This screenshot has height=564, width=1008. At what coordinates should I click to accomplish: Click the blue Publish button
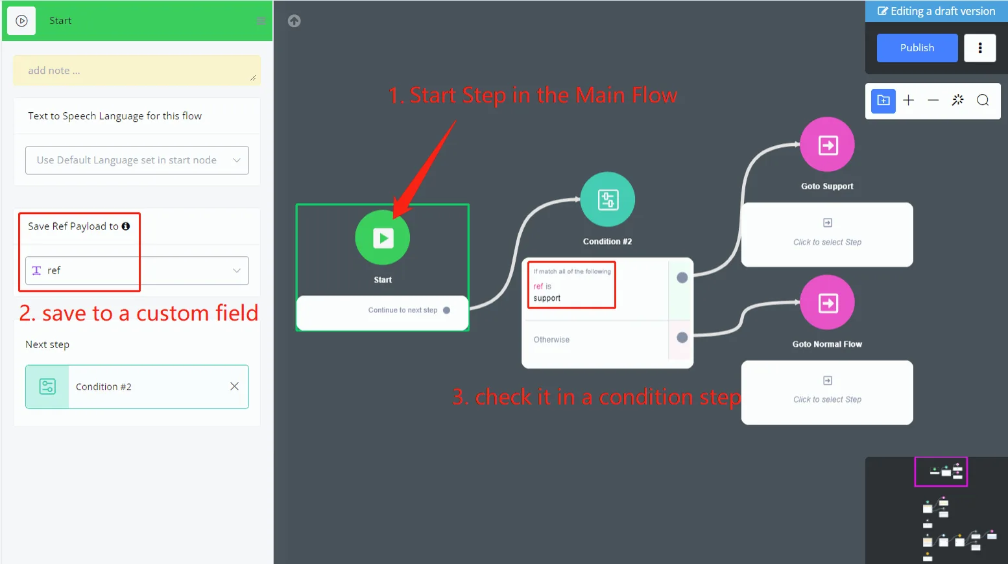coord(917,48)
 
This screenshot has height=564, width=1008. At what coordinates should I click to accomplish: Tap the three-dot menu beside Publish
coord(979,48)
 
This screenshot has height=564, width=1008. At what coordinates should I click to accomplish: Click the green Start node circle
coord(383,237)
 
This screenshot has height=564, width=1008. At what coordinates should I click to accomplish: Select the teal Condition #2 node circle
coord(608,199)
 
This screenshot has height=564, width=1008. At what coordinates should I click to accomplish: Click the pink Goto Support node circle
coord(827,145)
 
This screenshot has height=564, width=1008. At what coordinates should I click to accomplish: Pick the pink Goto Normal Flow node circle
coord(827,302)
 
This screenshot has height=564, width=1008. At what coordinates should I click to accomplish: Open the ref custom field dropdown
coord(137,270)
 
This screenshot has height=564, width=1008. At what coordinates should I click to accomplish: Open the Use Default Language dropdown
coord(137,160)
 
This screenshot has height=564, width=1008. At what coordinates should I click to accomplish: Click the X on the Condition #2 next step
coord(234,386)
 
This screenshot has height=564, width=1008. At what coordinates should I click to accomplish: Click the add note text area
coord(137,70)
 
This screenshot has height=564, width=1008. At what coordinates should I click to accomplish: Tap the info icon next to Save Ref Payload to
coord(126,226)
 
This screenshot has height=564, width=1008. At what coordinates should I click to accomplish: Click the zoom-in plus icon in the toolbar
coord(909,100)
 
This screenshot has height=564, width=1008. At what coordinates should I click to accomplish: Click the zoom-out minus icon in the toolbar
coord(933,100)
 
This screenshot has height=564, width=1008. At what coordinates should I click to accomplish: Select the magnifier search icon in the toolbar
coord(983,100)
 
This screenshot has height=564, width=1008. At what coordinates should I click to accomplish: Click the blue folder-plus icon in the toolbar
coord(883,100)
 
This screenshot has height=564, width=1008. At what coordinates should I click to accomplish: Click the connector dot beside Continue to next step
coord(446,311)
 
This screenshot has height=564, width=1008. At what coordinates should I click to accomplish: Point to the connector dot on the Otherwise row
coord(682,337)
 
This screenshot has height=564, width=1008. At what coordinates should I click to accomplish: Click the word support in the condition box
coord(547,298)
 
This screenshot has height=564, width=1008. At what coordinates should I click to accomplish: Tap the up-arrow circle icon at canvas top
coord(294,21)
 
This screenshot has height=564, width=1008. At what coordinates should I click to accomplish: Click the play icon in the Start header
coord(21,21)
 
